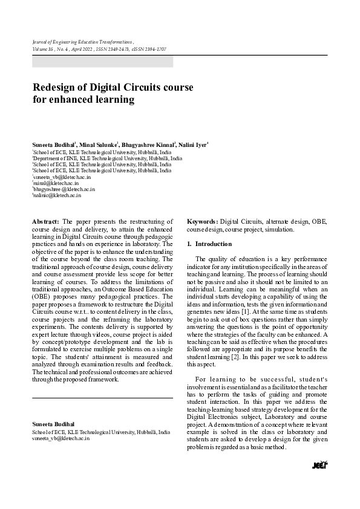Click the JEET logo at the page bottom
(319, 465)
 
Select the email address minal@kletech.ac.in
(52, 183)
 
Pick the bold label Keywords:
(203, 222)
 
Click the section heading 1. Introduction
(209, 244)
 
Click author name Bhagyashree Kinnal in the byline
(148, 146)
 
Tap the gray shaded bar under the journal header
(102, 62)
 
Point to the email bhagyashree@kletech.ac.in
(64, 189)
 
